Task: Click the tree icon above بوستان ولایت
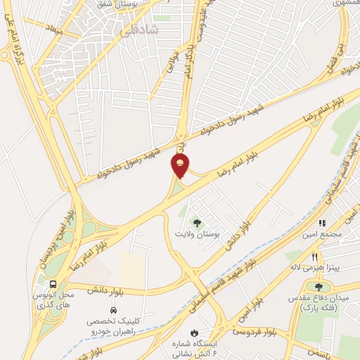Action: (195, 222)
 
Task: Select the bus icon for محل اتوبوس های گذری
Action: (53, 284)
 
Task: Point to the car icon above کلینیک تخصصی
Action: (113, 310)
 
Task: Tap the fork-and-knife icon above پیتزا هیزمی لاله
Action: (316, 257)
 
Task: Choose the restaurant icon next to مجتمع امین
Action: (323, 224)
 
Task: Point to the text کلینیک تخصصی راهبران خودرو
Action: (114, 325)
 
